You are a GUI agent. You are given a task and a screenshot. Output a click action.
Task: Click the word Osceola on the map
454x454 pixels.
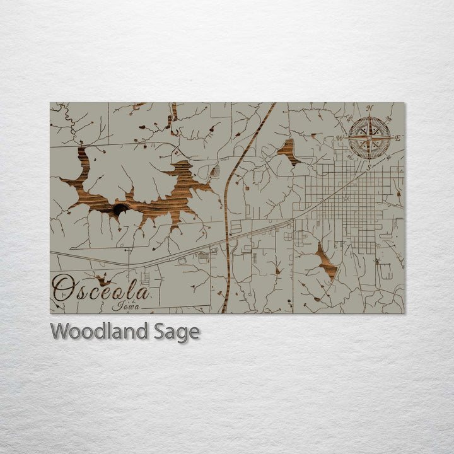click(x=101, y=289)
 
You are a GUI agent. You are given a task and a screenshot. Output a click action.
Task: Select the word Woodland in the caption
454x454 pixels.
click(x=101, y=331)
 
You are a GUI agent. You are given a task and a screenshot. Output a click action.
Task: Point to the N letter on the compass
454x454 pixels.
click(x=370, y=108)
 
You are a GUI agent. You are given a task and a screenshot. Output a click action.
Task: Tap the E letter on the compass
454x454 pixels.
click(x=398, y=137)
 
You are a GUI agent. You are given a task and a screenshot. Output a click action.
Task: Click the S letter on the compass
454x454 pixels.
click(x=370, y=167)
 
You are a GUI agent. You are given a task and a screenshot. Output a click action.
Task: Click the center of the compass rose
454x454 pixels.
click(x=370, y=137)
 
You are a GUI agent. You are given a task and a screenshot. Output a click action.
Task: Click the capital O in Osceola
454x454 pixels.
click(x=63, y=288)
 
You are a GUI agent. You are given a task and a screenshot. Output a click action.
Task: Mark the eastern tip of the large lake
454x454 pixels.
click(x=211, y=186)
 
